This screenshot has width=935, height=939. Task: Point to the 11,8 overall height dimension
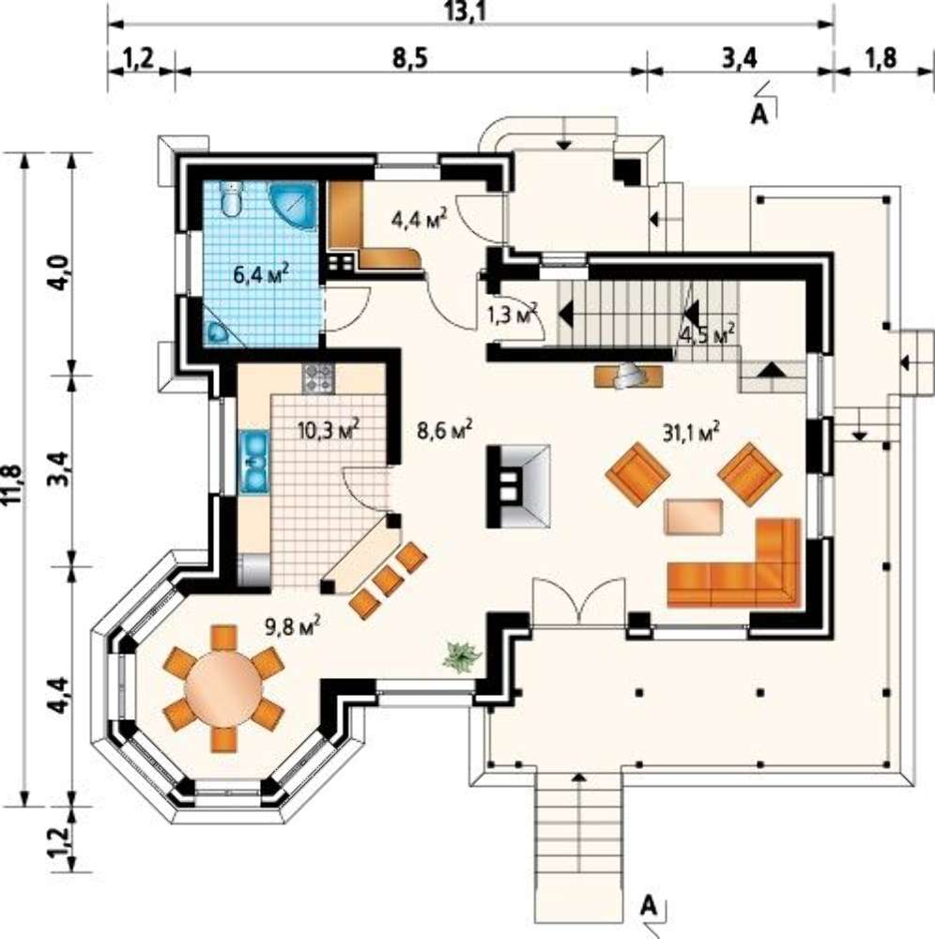[x=13, y=485]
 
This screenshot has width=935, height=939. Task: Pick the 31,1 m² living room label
[x=691, y=431]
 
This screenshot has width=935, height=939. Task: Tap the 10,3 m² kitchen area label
[x=329, y=429]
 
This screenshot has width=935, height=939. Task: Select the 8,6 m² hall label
[x=444, y=429]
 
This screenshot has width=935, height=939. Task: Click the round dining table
[x=223, y=688]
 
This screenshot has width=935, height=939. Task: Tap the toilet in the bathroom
[x=231, y=198]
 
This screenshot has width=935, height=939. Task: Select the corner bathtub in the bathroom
[x=293, y=205]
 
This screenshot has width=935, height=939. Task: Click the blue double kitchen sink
[x=255, y=462]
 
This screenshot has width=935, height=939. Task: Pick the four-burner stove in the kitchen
[x=318, y=378]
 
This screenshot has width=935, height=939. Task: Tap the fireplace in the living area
[x=518, y=485]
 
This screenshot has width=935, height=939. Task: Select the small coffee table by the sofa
[x=693, y=516]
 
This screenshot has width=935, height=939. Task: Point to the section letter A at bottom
[x=649, y=906]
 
